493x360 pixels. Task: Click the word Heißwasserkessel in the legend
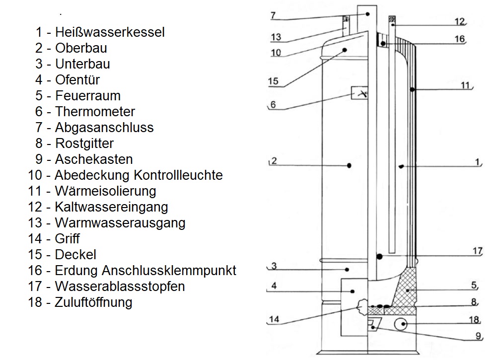(x=110, y=32)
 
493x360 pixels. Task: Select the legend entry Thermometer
(x=95, y=112)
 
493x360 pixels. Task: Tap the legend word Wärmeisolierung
(x=105, y=191)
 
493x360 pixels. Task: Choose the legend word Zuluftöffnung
(x=94, y=302)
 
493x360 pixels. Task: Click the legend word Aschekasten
(x=94, y=159)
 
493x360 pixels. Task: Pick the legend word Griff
(x=67, y=239)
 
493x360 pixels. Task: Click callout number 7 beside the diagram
(x=273, y=15)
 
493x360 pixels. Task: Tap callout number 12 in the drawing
(x=459, y=21)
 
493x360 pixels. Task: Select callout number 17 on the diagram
(x=477, y=251)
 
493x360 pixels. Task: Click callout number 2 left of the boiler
(x=274, y=160)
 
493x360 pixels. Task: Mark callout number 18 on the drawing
(x=475, y=320)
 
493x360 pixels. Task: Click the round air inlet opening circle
(x=401, y=324)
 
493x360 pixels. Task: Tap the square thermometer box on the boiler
(x=360, y=93)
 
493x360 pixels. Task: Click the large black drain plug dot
(x=379, y=256)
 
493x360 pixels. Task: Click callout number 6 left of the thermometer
(x=273, y=105)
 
